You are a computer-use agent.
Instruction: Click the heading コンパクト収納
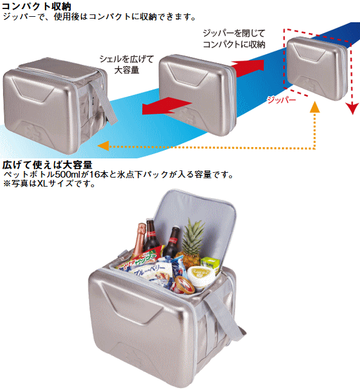click(37, 6)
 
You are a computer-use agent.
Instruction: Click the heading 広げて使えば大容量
click(47, 164)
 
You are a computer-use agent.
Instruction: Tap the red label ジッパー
click(281, 100)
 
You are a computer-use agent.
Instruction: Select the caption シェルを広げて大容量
click(127, 64)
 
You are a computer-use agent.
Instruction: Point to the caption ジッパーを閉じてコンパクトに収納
click(234, 38)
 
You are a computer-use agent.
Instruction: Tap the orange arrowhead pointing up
click(315, 107)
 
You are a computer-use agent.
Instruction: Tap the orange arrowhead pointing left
click(103, 146)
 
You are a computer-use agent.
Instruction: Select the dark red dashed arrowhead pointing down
click(353, 109)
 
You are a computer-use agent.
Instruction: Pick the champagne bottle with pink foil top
click(139, 241)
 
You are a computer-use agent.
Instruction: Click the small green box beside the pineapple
click(210, 263)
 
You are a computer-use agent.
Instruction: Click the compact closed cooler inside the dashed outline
click(317, 68)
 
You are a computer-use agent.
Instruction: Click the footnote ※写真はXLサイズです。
click(49, 184)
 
